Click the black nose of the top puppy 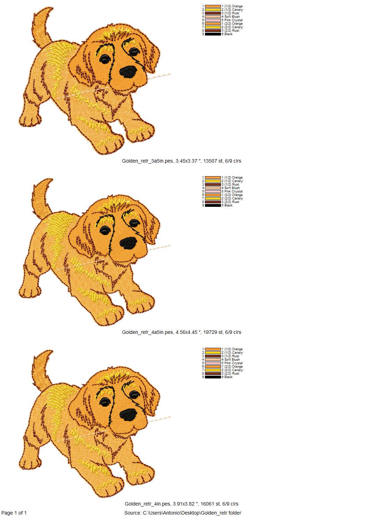[128, 72]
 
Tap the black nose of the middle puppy [128, 243]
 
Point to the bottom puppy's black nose [128, 415]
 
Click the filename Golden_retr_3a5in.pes [147, 161]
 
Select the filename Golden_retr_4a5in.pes [147, 332]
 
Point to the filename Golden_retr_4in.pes [147, 504]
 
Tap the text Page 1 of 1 [14, 513]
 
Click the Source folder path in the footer [183, 513]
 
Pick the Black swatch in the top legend [213, 34]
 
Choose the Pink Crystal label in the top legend [232, 20]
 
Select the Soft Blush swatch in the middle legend [213, 188]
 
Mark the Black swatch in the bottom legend [213, 377]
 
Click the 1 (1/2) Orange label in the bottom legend [232, 349]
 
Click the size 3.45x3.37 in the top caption [186, 161]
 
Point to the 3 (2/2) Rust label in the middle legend [231, 202]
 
